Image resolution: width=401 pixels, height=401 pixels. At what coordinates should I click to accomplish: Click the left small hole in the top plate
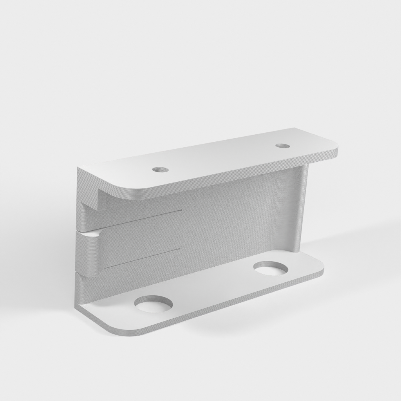(x=160, y=170)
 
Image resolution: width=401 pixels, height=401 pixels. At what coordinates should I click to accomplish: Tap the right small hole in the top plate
(x=282, y=146)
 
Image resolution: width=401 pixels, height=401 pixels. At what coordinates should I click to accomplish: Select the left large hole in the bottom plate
(x=153, y=304)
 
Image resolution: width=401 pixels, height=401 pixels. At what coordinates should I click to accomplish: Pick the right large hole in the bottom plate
(x=271, y=268)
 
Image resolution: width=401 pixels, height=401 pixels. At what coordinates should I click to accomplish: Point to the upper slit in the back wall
(x=141, y=219)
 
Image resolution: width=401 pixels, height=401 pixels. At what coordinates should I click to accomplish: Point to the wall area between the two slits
(x=149, y=239)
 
